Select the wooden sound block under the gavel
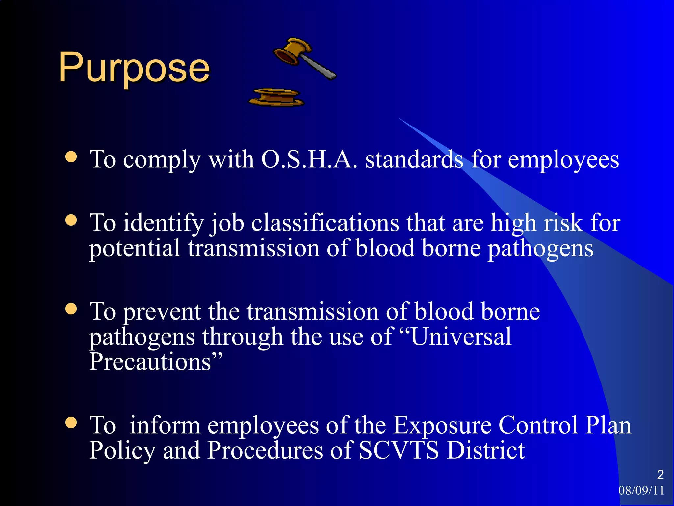pos(276,98)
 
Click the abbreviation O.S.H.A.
pos(309,160)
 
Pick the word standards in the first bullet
pos(414,160)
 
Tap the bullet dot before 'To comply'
pos(71,157)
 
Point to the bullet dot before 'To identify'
pos(71,220)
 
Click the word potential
pos(135,249)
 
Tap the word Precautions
pos(151,362)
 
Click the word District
pos(486,450)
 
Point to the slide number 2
pos(660,475)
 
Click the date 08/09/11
pos(641,491)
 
